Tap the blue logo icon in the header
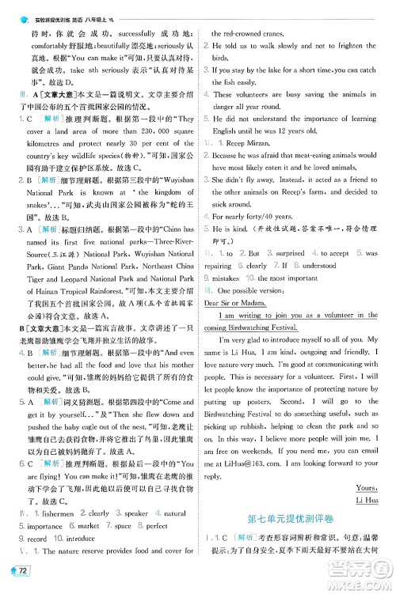[x=11, y=7]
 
